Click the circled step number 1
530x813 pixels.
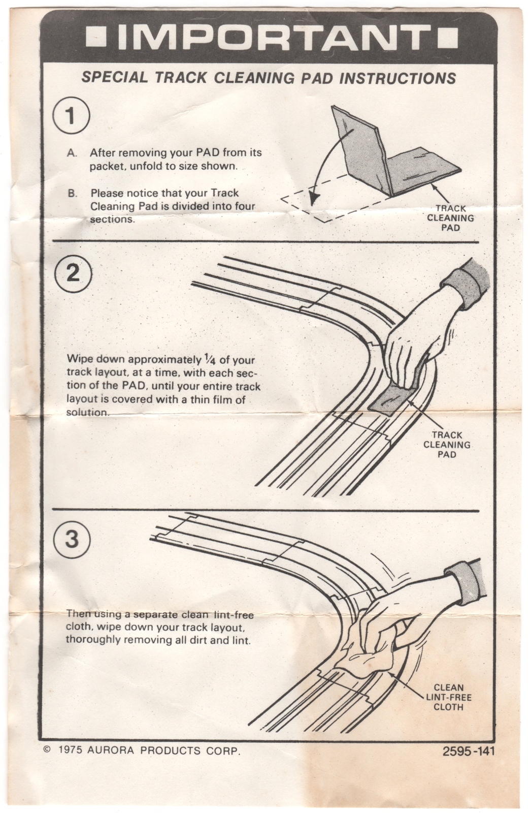(71, 116)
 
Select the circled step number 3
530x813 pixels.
(72, 538)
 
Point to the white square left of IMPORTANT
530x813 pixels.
(95, 37)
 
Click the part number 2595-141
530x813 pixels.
(468, 751)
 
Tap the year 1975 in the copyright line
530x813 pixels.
(70, 750)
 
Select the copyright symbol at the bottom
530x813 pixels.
(47, 749)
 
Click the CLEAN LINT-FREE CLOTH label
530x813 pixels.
(449, 697)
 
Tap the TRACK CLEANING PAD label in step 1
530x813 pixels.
(450, 218)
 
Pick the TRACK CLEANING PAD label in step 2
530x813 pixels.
(447, 445)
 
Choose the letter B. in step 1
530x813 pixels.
(73, 193)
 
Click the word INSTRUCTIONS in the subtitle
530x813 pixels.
(397, 78)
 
